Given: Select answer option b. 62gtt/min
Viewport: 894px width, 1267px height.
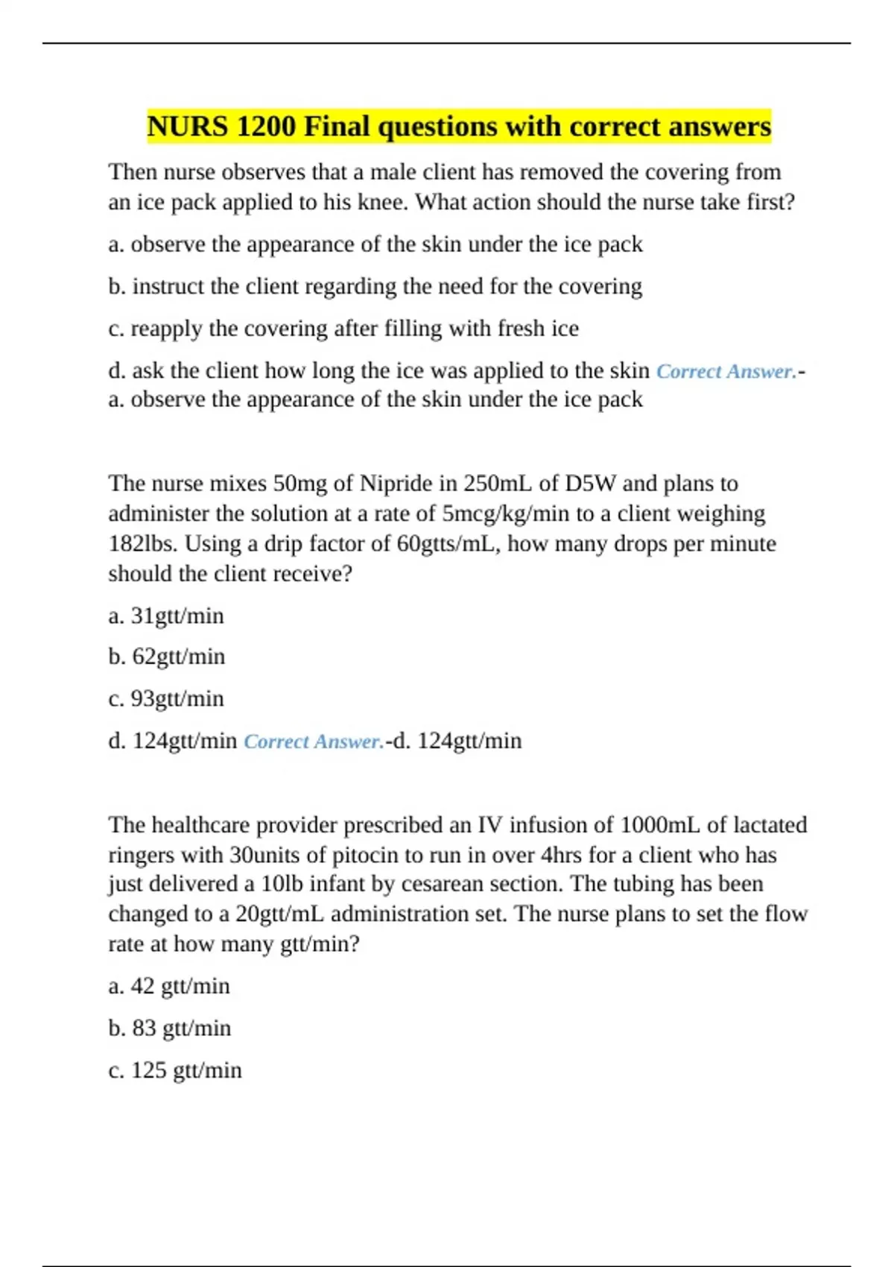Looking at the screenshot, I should [x=166, y=657].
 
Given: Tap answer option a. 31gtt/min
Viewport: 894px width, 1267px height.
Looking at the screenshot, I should [x=165, y=616].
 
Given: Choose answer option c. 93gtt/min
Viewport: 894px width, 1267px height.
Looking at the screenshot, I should [x=165, y=699].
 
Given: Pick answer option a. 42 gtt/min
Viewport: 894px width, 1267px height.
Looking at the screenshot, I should [x=168, y=986].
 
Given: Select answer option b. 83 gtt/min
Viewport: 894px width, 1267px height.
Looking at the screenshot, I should [x=169, y=1029].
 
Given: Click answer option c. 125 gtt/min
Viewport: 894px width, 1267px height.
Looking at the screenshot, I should [x=174, y=1070].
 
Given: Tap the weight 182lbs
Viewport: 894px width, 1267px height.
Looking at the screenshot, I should [x=143, y=544].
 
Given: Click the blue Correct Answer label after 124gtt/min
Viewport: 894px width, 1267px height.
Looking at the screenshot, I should [x=314, y=742].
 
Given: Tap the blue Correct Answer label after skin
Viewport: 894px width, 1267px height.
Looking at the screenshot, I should [x=726, y=371].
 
